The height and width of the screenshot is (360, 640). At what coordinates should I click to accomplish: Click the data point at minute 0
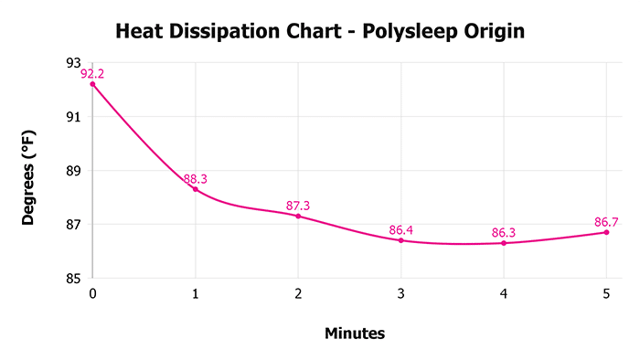click(x=92, y=84)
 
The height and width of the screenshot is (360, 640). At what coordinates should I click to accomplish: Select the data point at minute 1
click(x=195, y=189)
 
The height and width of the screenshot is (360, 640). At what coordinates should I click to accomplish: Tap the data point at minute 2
click(x=298, y=216)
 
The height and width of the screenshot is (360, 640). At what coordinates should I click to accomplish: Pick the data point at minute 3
click(x=400, y=240)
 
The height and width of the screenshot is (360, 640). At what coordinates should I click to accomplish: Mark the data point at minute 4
click(x=504, y=243)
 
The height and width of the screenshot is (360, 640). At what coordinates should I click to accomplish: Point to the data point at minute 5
click(x=606, y=232)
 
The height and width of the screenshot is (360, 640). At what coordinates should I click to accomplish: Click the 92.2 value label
click(x=92, y=74)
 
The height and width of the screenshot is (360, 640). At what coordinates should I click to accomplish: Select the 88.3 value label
click(x=195, y=179)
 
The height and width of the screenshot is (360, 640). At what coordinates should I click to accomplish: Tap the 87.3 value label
click(x=298, y=206)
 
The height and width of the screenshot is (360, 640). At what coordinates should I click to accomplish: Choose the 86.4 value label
click(x=400, y=230)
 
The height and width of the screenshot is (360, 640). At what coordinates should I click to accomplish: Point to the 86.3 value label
click(x=504, y=233)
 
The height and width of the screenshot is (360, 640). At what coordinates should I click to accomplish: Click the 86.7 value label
click(x=606, y=222)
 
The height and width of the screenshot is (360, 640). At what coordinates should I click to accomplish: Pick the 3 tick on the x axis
click(x=400, y=294)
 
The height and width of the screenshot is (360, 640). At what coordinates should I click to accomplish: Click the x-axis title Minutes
click(x=355, y=334)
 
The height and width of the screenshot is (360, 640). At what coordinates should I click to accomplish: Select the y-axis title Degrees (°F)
click(x=29, y=171)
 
